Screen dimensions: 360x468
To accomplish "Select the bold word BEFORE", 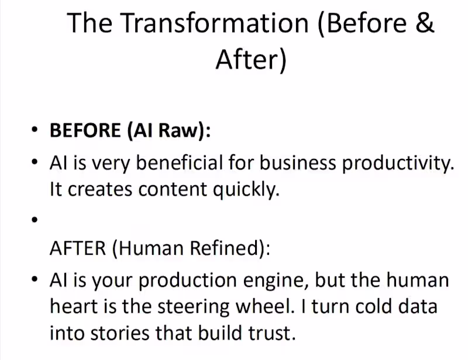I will pos(85,130).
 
